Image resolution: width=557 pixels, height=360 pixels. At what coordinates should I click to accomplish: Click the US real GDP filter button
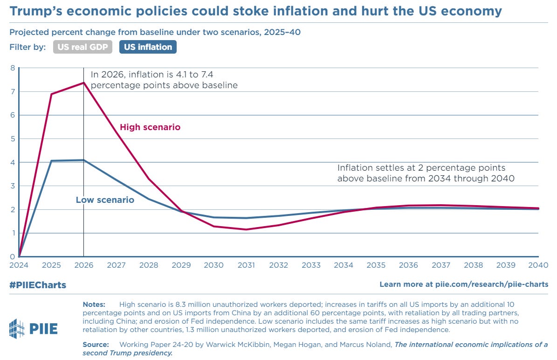83,47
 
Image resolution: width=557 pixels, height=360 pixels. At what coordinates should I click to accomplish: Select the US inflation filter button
148,47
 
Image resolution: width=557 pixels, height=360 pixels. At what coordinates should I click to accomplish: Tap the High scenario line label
150,127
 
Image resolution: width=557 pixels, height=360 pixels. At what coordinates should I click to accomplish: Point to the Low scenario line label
105,200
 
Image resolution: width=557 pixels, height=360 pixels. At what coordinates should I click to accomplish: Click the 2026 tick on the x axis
84,265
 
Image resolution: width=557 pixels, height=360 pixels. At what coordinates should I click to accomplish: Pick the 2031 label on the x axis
246,265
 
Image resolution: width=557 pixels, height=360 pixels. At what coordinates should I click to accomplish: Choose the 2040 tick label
538,265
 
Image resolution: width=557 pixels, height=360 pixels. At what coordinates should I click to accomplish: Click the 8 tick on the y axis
12,68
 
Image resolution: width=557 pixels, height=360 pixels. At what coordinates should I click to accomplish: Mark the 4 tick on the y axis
12,162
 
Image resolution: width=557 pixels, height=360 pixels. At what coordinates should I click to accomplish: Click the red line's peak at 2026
84,83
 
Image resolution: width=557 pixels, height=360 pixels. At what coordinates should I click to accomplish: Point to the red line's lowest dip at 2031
246,229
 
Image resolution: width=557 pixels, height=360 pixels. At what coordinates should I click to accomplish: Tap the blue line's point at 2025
51,161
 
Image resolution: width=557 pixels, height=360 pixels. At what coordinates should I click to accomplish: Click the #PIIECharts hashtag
37,285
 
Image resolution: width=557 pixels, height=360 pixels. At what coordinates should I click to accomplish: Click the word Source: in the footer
96,344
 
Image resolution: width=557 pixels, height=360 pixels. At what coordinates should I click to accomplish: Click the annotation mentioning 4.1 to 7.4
164,79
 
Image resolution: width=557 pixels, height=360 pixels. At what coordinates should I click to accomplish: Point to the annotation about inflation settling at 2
426,173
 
